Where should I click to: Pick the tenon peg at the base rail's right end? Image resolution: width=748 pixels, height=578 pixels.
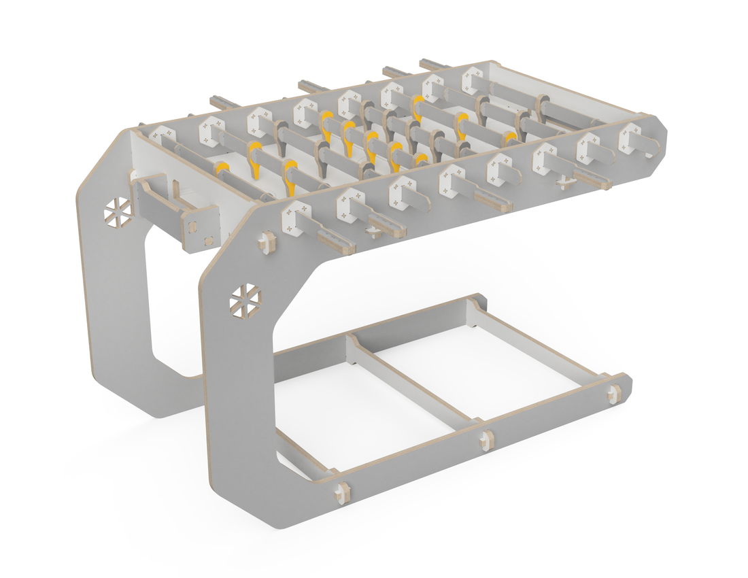click(x=615, y=391)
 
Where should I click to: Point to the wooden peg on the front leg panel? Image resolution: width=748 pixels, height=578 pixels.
click(x=266, y=243)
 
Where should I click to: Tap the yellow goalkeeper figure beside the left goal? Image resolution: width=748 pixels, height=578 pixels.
click(x=222, y=169)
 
